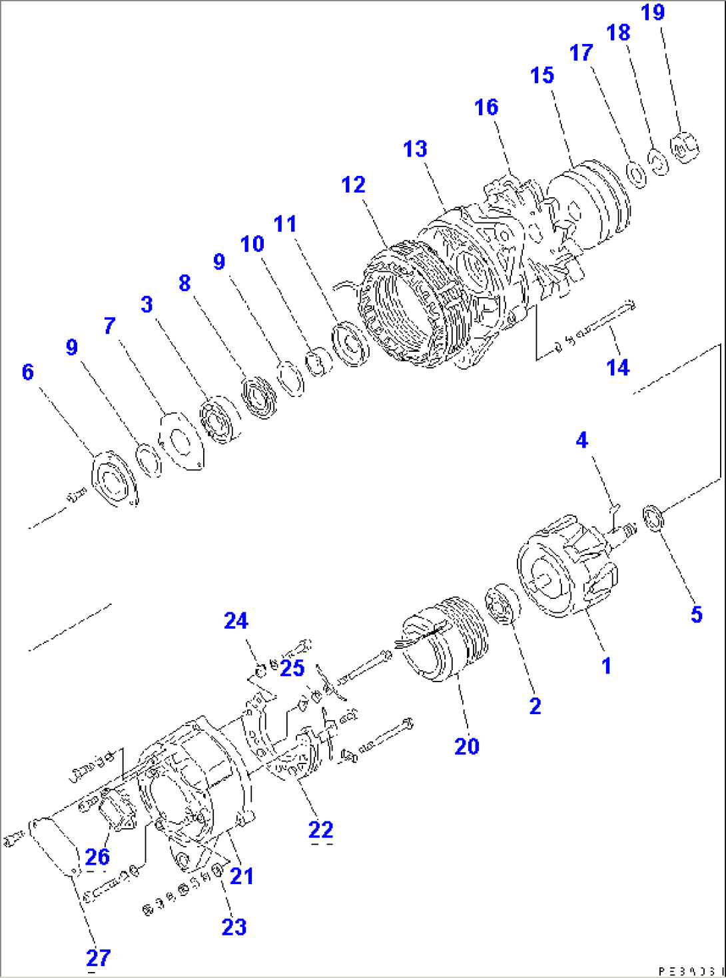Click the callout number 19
pos(653,13)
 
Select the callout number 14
pos(617,367)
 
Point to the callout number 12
pos(353,185)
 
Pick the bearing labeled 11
pos(350,343)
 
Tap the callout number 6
pos(27,372)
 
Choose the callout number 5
pos(696,614)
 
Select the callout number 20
pos(466,746)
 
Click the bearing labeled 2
pos(504,604)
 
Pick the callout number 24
pos(236,621)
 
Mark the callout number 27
pos(98,958)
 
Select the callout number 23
pos(234,927)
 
